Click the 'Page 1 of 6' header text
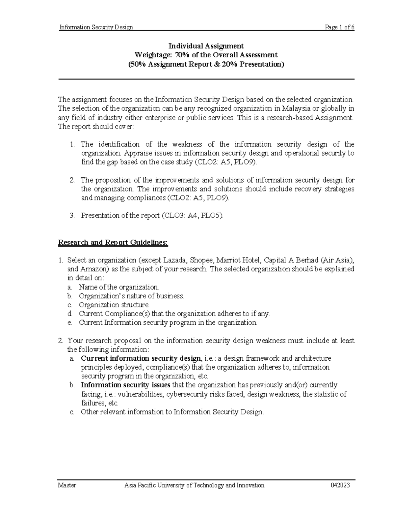coord(339,27)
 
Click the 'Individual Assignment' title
coord(206,46)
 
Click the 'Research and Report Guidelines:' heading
coord(113,243)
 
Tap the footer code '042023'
coord(340,485)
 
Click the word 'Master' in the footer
coord(67,485)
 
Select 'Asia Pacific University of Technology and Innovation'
coord(194,485)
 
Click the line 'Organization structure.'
coord(114,305)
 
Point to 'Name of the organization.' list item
coord(118,287)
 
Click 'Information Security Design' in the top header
coord(96,27)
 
